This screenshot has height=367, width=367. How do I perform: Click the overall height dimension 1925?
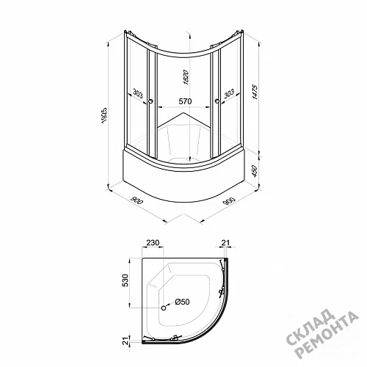pos(104,115)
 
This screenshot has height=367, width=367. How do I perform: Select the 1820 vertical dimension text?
pos(186,77)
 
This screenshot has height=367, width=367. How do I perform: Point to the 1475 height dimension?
pos(255,92)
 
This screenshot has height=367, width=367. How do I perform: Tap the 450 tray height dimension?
pos(255,171)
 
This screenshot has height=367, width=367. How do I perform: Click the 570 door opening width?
pos(185,101)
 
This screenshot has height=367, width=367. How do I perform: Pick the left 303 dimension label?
pos(138,93)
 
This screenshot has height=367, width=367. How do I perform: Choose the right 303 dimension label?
pos(229,93)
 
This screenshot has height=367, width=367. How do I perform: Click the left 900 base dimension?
pos(137,200)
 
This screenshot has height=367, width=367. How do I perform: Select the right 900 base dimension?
pos(229,200)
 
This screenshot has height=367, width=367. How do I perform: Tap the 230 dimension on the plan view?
pos(153,243)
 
